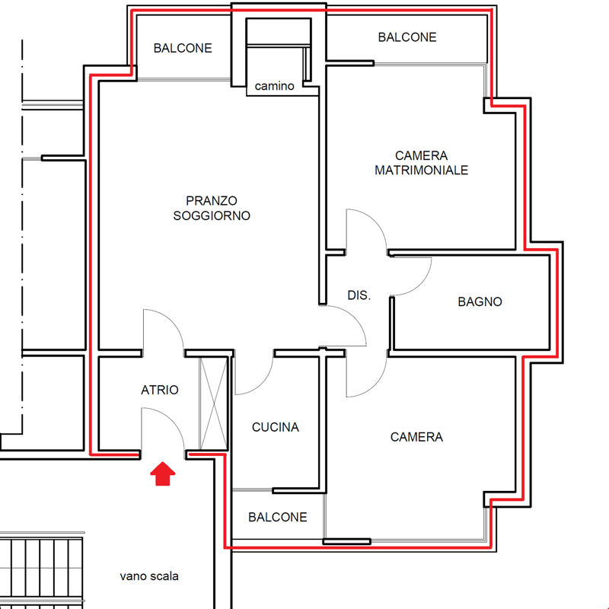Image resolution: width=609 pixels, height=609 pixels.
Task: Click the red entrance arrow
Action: tap(163, 473)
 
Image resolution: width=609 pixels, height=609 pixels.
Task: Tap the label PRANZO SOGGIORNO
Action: tap(212, 208)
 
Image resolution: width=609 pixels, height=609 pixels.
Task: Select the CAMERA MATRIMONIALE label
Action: tap(422, 163)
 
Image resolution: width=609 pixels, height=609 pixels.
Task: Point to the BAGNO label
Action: tap(480, 301)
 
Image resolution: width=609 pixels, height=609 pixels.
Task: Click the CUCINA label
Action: tap(276, 427)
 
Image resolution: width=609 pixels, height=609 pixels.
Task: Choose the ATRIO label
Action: tap(160, 390)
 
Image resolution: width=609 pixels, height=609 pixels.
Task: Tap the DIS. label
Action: tap(359, 295)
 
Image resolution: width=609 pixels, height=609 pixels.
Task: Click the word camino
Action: tap(274, 86)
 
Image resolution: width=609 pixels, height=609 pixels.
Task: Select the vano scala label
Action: tap(149, 576)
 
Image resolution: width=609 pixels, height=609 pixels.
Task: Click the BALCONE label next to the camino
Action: tap(183, 48)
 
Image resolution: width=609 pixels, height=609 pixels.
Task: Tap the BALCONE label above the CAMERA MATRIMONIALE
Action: tap(407, 37)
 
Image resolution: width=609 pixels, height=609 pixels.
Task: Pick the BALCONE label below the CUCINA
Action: tap(278, 518)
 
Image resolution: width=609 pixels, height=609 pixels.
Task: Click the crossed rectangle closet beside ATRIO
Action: tap(214, 403)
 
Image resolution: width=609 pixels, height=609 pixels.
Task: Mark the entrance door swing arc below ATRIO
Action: tap(173, 419)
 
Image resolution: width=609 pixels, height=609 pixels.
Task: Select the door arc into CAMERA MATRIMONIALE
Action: tap(375, 221)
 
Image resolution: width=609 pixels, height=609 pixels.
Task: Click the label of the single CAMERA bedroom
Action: tap(416, 437)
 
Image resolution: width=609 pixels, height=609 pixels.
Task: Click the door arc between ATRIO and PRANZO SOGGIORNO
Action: tap(173, 321)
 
